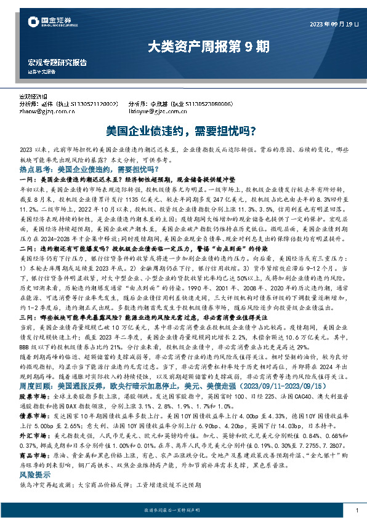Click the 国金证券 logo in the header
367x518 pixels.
52,23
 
